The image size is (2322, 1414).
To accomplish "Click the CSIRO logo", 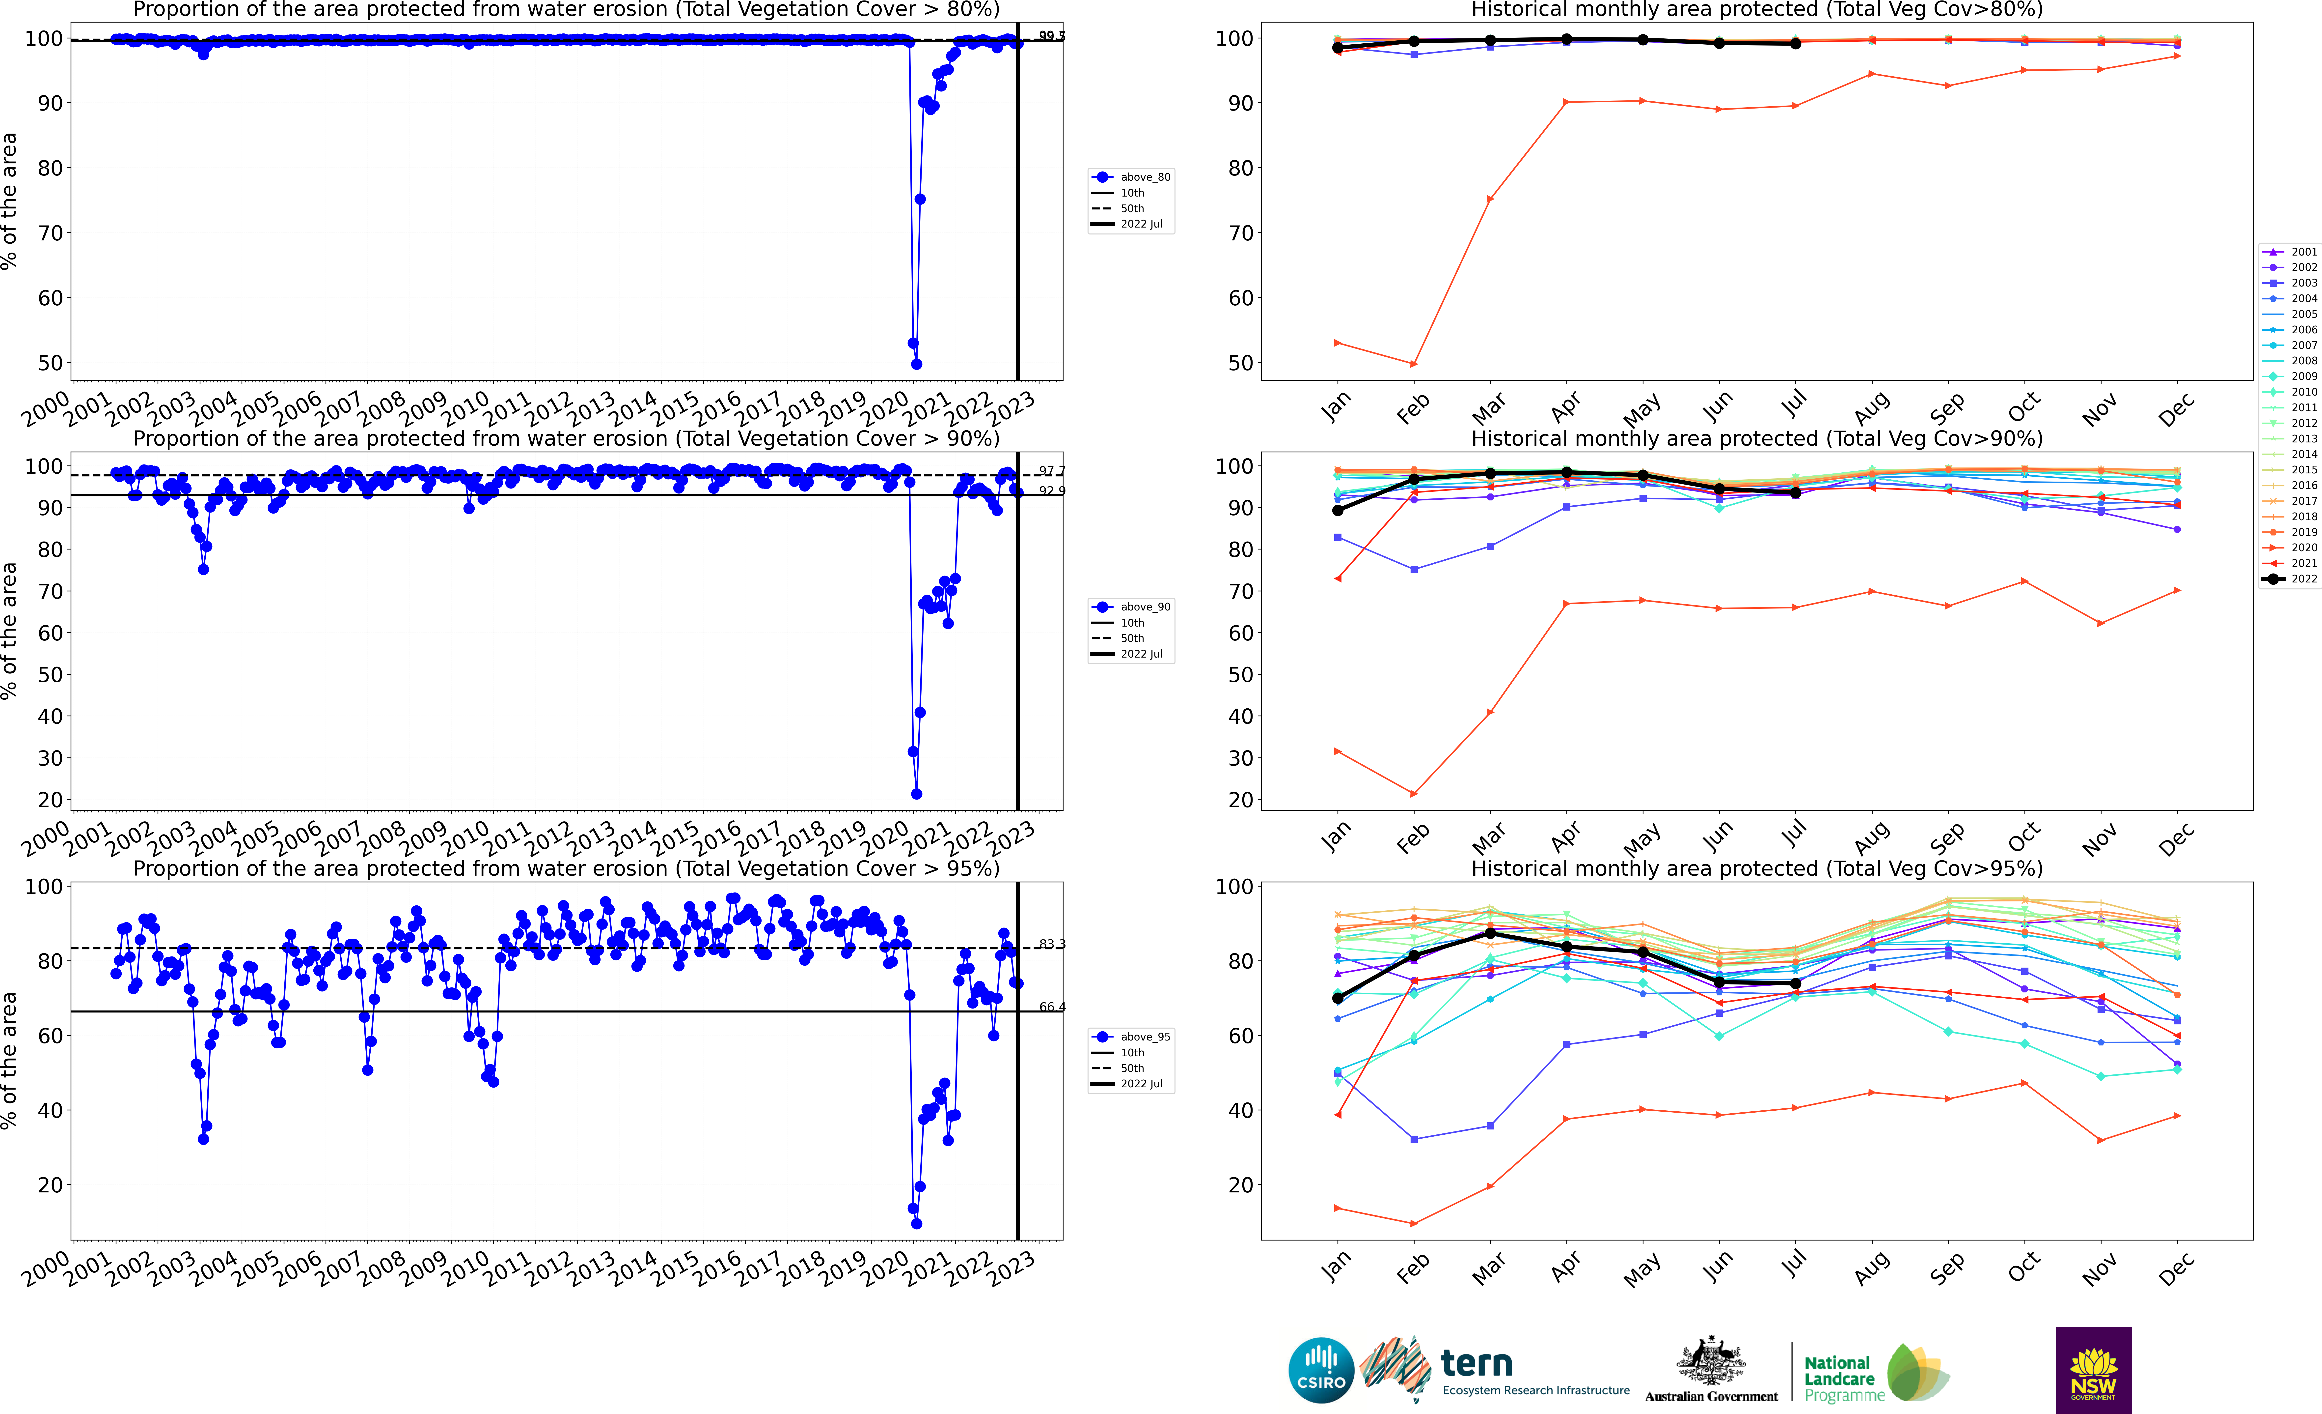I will (1321, 1370).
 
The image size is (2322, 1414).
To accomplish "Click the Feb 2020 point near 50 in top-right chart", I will (1414, 364).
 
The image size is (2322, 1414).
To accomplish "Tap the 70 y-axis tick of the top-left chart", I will (50, 233).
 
